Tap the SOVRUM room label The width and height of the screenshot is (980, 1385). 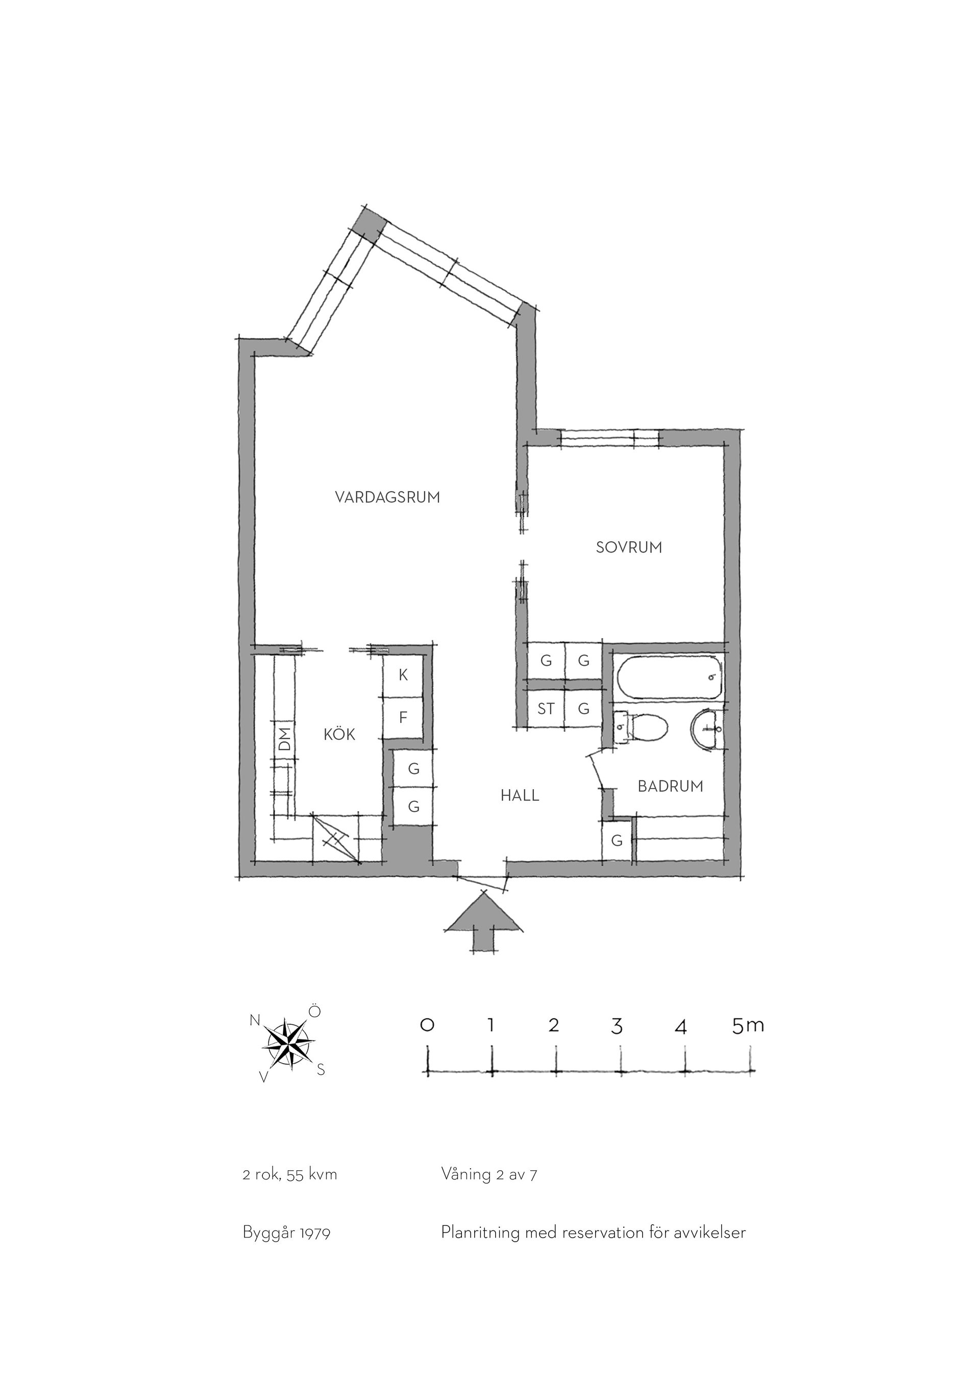click(629, 547)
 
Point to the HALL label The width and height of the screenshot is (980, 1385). click(520, 796)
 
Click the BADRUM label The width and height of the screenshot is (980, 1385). click(670, 786)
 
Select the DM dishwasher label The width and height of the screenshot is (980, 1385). click(285, 738)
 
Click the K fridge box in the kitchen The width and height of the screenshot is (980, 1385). click(403, 675)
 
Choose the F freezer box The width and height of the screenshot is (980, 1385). click(403, 718)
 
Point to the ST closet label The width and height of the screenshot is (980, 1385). click(546, 709)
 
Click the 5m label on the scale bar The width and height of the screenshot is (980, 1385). click(748, 1025)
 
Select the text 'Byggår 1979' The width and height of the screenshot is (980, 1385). click(287, 1233)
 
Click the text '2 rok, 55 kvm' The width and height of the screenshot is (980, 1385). click(289, 1175)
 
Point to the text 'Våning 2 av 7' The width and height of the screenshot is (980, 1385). click(489, 1174)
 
